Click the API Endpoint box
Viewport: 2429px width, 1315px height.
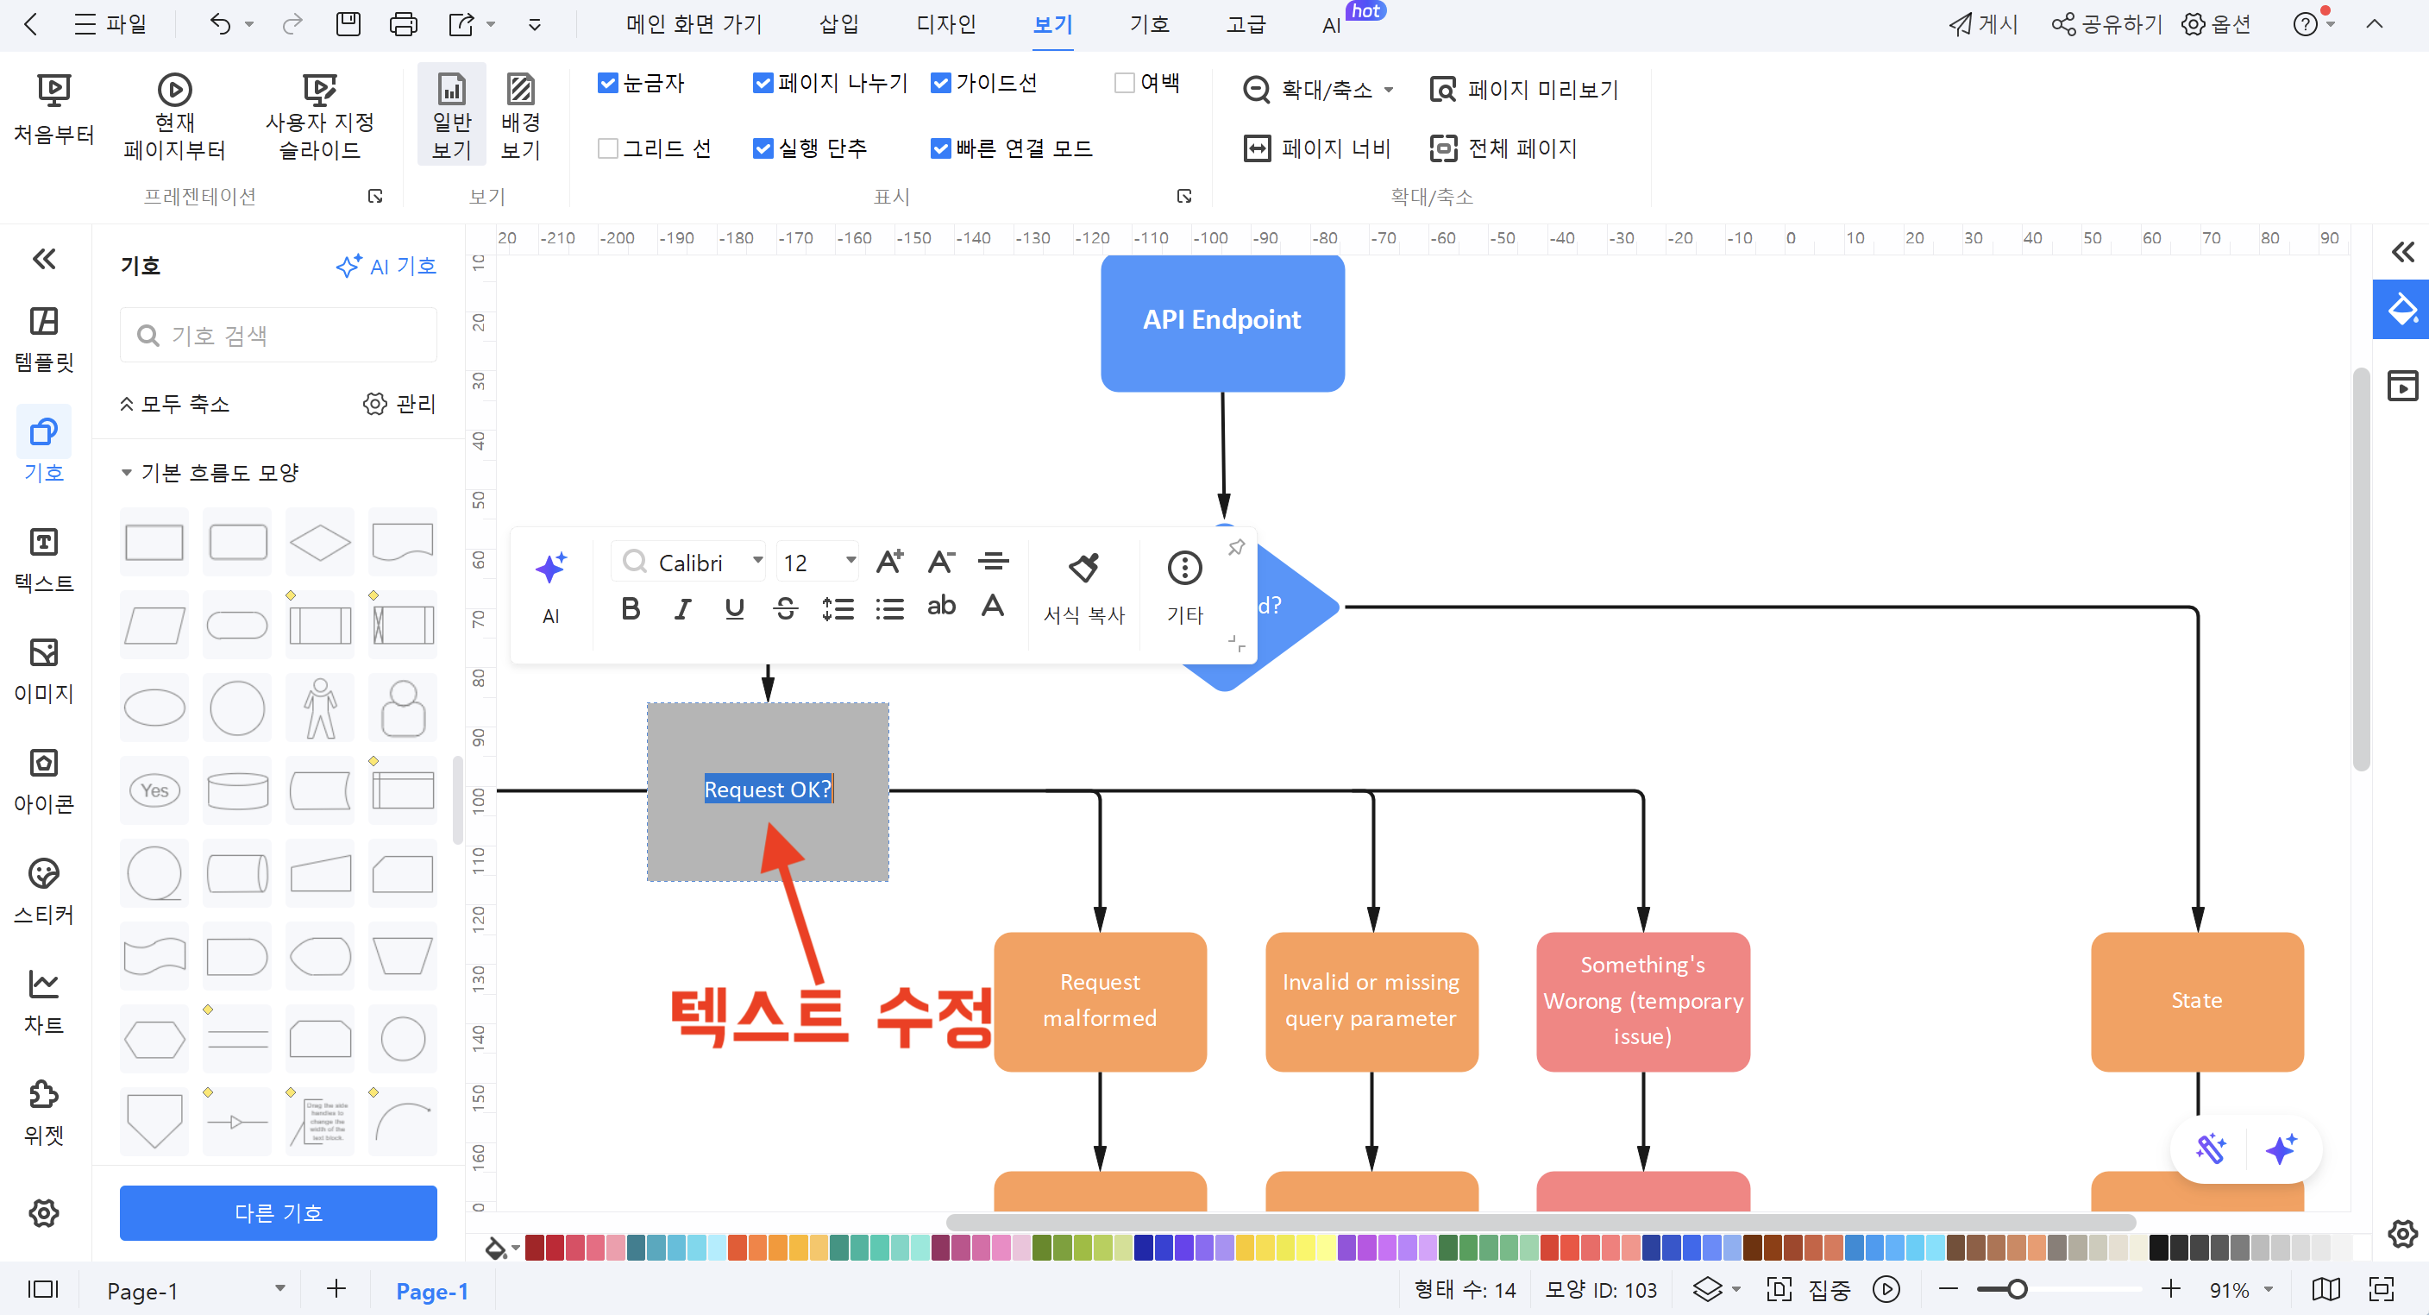pyautogui.click(x=1222, y=321)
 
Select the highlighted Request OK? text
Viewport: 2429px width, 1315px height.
pyautogui.click(x=768, y=789)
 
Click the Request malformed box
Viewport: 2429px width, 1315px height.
pyautogui.click(x=1100, y=1000)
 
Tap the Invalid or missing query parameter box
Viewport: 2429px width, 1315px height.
pyautogui.click(x=1371, y=1000)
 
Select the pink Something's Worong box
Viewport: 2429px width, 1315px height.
pyautogui.click(x=1642, y=1000)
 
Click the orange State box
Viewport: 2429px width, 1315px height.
pyautogui.click(x=2196, y=1000)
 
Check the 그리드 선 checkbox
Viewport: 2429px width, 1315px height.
pyautogui.click(x=608, y=148)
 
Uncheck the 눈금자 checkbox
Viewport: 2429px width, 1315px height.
pyautogui.click(x=608, y=83)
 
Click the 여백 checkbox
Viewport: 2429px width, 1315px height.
pyautogui.click(x=1124, y=83)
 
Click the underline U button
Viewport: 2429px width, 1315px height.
pyautogui.click(x=733, y=608)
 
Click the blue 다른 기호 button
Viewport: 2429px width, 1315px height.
pyautogui.click(x=278, y=1212)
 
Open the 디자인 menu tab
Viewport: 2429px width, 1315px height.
pyautogui.click(x=945, y=24)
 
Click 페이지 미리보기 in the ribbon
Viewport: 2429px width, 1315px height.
pyautogui.click(x=1524, y=90)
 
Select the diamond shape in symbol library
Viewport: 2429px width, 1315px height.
pyautogui.click(x=320, y=543)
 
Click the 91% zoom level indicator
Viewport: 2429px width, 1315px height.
pyautogui.click(x=2229, y=1289)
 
